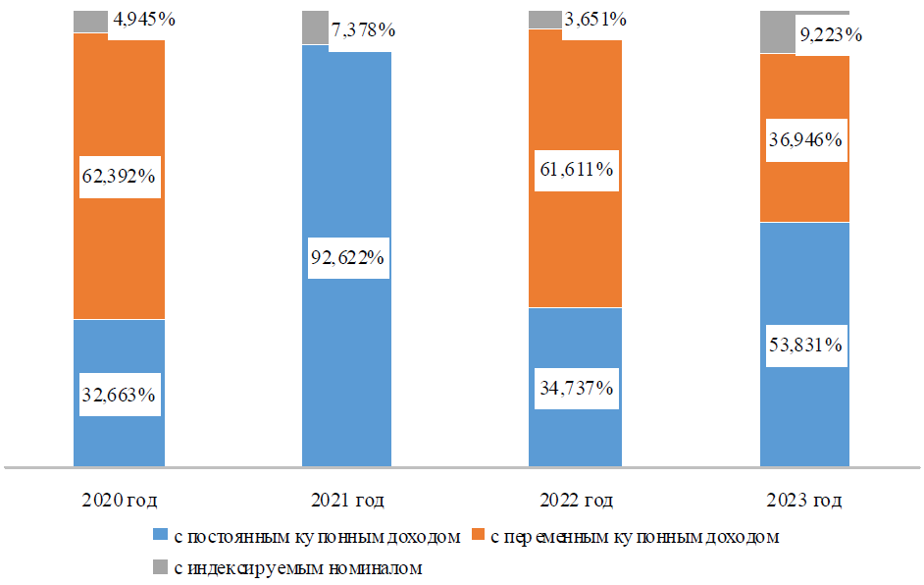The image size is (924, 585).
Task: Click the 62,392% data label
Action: (x=119, y=177)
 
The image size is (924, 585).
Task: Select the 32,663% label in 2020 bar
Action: (x=119, y=395)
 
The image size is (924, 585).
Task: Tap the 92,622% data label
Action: (x=347, y=258)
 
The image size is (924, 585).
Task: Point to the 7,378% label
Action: (x=363, y=29)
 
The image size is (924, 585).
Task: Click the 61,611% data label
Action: (x=577, y=170)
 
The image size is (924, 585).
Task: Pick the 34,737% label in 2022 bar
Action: (x=577, y=388)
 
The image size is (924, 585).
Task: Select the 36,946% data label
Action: (x=805, y=139)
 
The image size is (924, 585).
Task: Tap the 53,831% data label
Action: (x=805, y=345)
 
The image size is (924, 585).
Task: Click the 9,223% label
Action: (x=831, y=35)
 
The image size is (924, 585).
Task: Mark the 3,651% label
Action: (x=595, y=20)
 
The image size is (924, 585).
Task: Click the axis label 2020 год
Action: (x=120, y=500)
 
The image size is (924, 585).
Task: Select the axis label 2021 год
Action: (x=347, y=500)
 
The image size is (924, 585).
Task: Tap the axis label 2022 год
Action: (x=577, y=500)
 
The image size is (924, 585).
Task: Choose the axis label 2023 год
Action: (x=804, y=500)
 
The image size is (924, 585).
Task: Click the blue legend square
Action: (x=160, y=535)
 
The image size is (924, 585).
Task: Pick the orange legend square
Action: (x=478, y=535)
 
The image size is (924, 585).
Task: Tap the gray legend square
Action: (x=160, y=566)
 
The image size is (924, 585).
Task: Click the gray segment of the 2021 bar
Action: (x=315, y=27)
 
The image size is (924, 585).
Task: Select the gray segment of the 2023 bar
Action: (x=778, y=31)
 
